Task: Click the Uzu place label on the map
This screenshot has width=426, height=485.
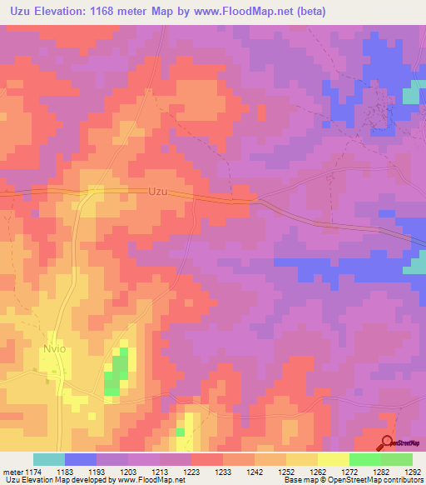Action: pos(157,191)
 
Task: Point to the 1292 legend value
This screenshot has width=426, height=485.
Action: pos(413,472)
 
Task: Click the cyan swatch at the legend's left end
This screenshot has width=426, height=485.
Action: pos(49,459)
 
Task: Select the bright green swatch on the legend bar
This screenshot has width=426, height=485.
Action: pos(364,459)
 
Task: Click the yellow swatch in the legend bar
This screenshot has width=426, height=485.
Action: pos(333,459)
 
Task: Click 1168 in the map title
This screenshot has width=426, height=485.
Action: pos(127,12)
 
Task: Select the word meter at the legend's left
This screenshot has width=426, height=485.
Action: pos(10,472)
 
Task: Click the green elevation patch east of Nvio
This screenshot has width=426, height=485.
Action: pos(117,371)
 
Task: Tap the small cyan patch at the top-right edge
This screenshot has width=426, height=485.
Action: pos(411,96)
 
